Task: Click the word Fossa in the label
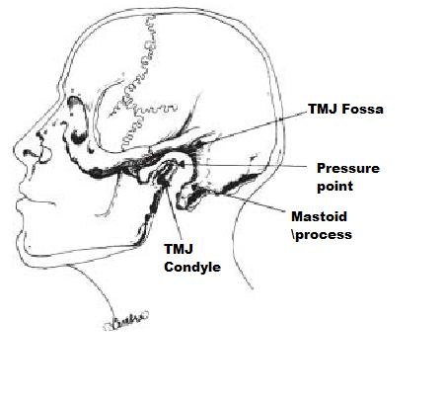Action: click(362, 109)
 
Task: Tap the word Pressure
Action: click(348, 168)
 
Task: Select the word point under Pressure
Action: click(334, 187)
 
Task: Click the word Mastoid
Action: click(319, 216)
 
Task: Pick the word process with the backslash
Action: click(322, 235)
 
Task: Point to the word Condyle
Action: click(192, 267)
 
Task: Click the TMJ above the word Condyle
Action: click(179, 249)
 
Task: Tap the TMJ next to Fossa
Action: click(323, 109)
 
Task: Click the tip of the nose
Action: click(15, 150)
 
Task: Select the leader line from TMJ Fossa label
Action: click(252, 127)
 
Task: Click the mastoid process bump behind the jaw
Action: click(187, 197)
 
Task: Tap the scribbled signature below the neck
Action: click(125, 321)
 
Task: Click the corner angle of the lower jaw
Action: click(140, 242)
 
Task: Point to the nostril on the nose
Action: click(30, 153)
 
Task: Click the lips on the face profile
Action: click(21, 199)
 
